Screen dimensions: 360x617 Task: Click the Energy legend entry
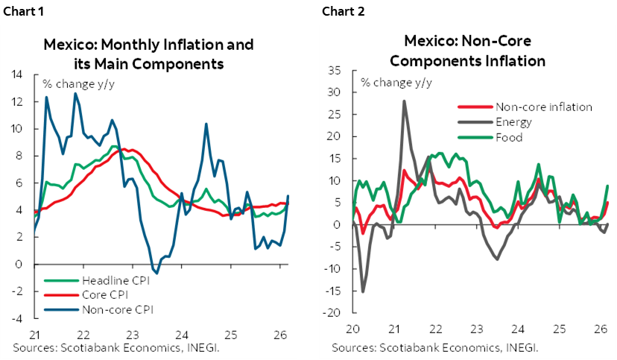513,122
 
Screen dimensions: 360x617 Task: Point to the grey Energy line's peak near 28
405,101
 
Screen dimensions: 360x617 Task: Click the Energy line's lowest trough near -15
364,291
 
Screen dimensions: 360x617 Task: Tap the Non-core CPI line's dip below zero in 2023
156,273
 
